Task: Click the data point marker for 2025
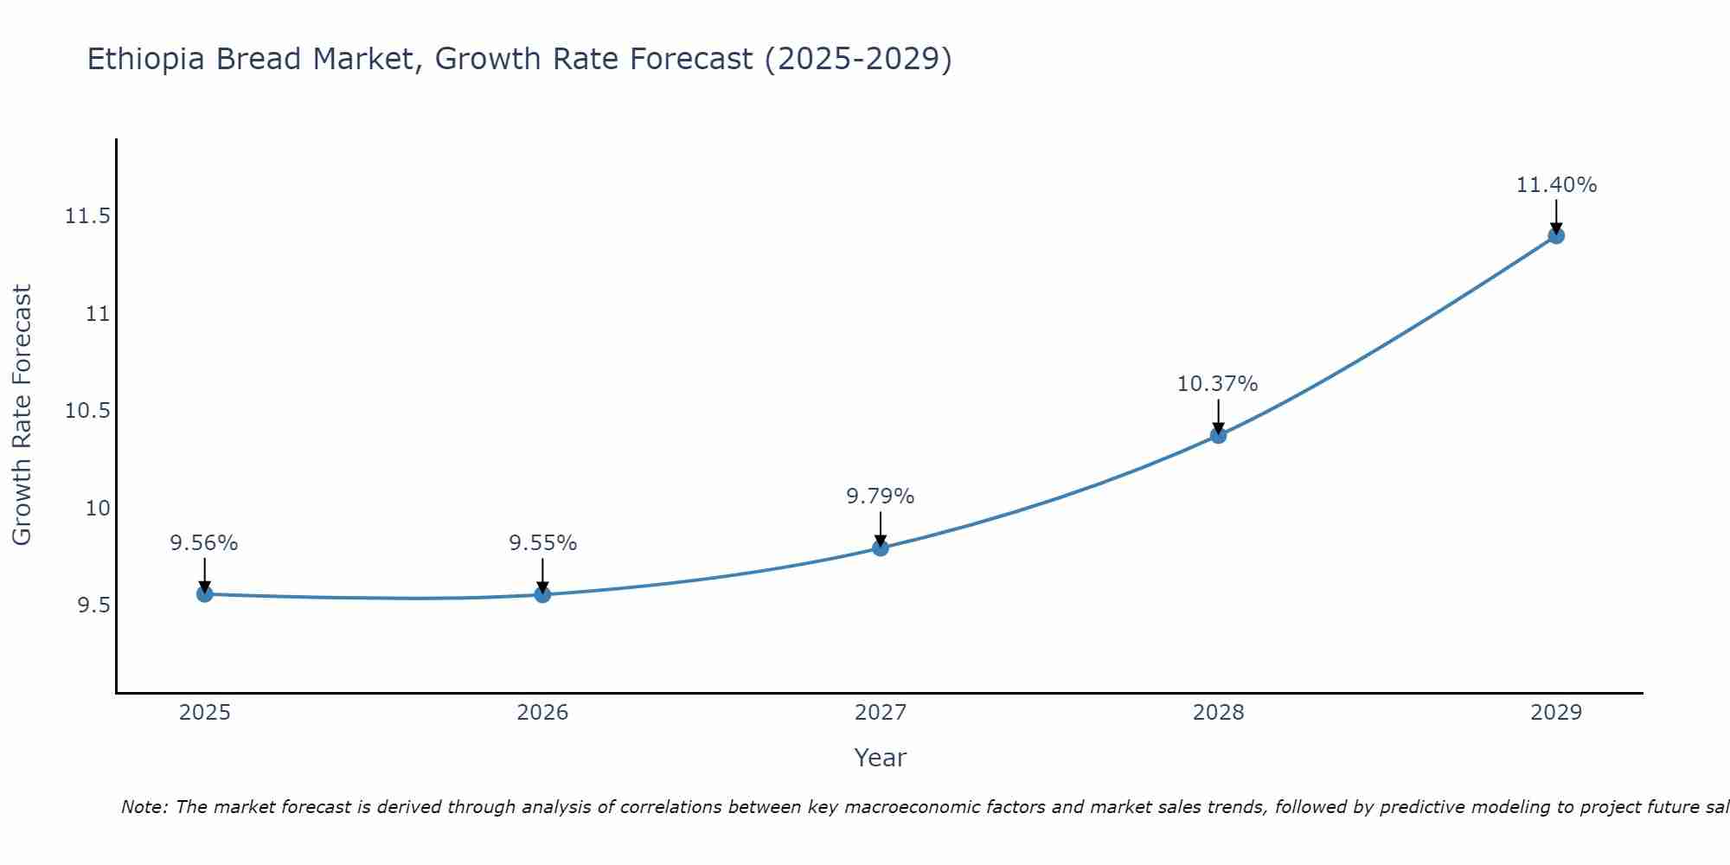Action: (x=204, y=593)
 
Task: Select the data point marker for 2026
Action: (x=542, y=594)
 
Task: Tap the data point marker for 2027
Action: (x=881, y=548)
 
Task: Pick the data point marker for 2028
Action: (x=1218, y=435)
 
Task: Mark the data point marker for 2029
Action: (x=1556, y=235)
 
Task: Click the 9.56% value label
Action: (x=204, y=543)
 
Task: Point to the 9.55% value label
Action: (x=542, y=543)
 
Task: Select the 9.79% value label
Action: (x=881, y=497)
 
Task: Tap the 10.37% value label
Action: (x=1218, y=384)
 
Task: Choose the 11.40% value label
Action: (x=1556, y=185)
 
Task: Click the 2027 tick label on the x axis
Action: (x=881, y=713)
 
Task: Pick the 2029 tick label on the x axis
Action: (x=1556, y=713)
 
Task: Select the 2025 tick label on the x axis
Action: (x=204, y=713)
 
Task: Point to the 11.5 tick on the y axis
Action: (x=88, y=216)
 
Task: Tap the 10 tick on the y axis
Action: (x=98, y=508)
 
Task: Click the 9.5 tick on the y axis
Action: (x=94, y=605)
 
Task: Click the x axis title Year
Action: (x=881, y=758)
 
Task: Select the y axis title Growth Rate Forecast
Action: (x=22, y=415)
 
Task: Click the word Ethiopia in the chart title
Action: (x=147, y=59)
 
